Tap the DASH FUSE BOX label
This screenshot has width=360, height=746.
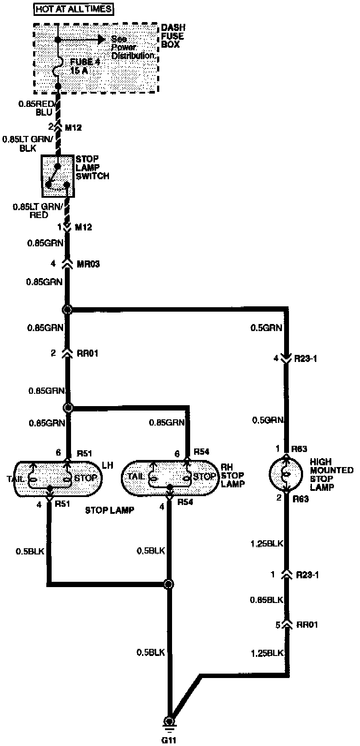coord(172,36)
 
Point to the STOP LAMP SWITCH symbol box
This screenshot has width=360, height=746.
coord(58,176)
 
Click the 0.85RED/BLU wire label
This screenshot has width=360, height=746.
coord(37,108)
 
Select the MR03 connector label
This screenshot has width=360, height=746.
coord(88,264)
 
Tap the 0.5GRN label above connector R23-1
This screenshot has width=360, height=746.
coord(266,328)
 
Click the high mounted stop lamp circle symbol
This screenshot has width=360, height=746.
coord(286,475)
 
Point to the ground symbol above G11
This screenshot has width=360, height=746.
coord(169,723)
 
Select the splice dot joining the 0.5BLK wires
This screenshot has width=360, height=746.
coord(168,584)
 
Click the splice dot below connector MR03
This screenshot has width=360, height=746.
coord(67,309)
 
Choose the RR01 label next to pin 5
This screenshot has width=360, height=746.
coord(307,625)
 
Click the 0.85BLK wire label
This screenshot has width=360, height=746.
coord(266,599)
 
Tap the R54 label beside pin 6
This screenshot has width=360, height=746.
coord(201,452)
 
